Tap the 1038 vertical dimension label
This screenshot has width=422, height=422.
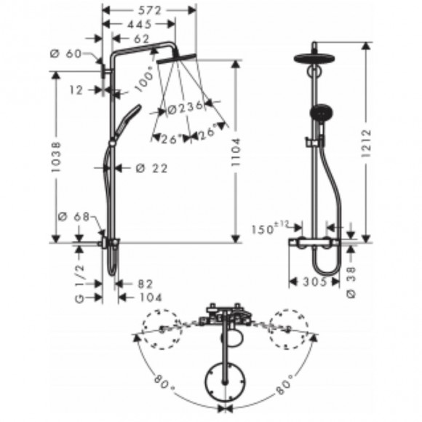pos(56,156)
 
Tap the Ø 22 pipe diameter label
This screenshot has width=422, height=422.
pos(152,169)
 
